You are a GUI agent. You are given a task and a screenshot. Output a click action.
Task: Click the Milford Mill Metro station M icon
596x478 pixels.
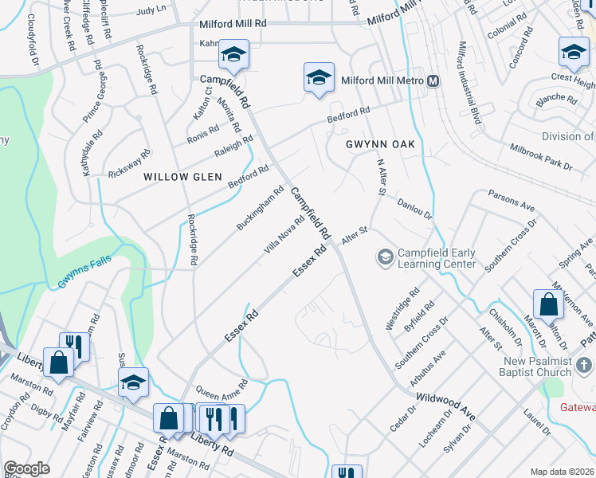tap(433, 81)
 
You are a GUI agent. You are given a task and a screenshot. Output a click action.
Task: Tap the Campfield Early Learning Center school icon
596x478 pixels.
tap(385, 257)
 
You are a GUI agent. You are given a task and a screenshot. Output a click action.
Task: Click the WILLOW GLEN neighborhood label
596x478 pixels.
tap(177, 176)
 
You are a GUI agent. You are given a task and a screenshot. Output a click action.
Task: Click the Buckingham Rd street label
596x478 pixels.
tap(261, 209)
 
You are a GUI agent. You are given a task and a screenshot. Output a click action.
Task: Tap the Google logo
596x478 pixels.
tap(26, 468)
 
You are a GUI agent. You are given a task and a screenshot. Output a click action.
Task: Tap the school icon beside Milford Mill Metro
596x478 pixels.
tap(318, 78)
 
